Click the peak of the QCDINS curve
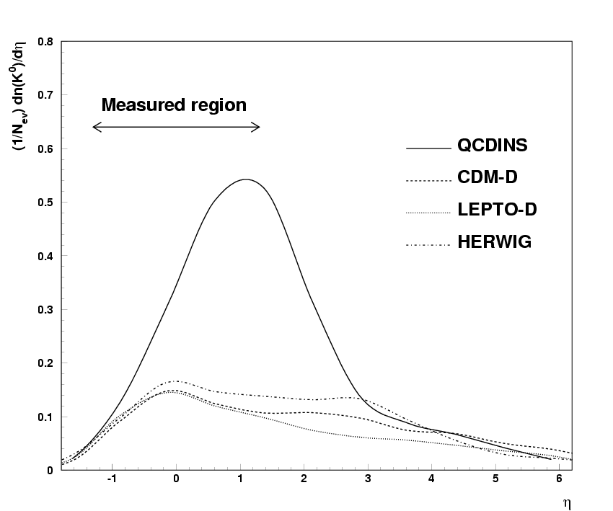click(x=246, y=179)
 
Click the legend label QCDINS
click(x=493, y=146)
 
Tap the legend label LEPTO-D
click(x=497, y=210)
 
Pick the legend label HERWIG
click(x=494, y=242)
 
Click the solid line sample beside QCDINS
click(x=428, y=148)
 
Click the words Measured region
click(x=174, y=105)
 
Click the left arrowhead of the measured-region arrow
click(x=95, y=128)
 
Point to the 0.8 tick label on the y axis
click(x=45, y=42)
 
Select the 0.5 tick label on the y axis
click(x=45, y=203)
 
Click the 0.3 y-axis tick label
click(x=45, y=310)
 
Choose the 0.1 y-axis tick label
click(x=45, y=417)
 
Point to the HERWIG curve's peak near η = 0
click(x=175, y=381)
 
